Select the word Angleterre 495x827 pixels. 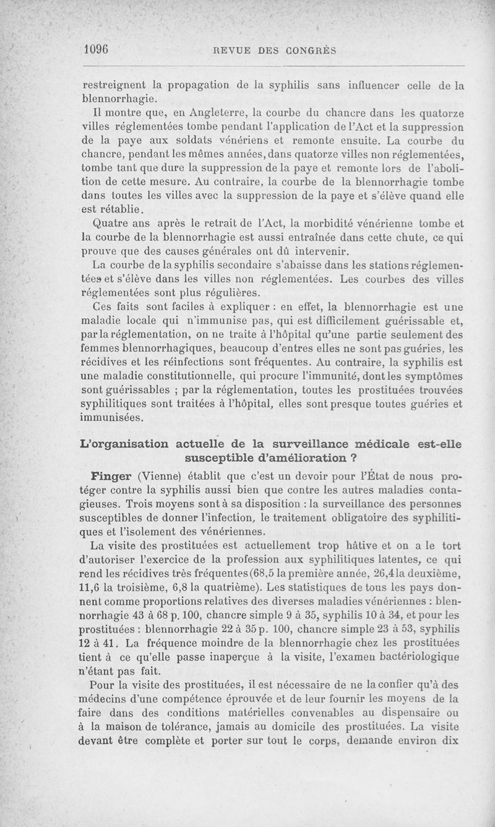point(205,112)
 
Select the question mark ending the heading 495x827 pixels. point(355,459)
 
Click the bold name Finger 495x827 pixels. point(111,477)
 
